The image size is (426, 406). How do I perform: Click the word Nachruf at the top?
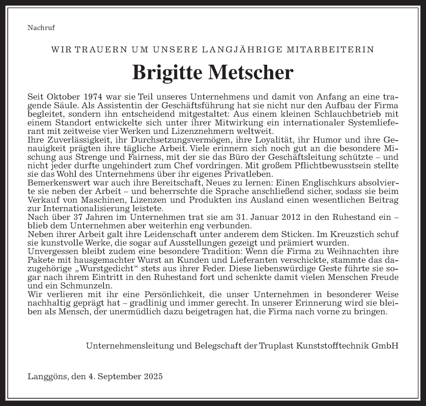41,29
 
